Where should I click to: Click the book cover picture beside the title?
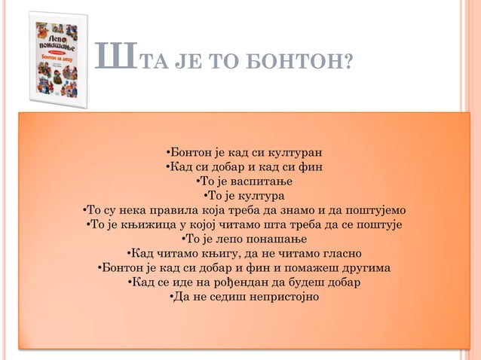(57, 59)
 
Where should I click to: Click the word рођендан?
(237, 282)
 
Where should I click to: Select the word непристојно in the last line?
(277, 297)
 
